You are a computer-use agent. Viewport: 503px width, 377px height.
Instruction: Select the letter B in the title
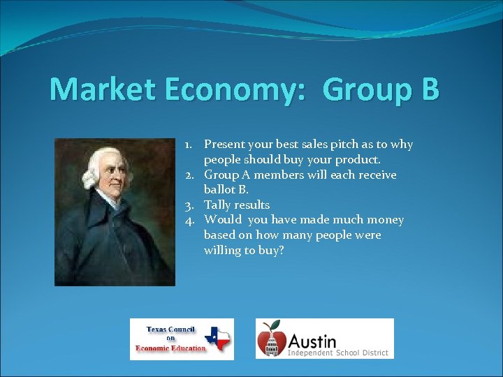click(430, 90)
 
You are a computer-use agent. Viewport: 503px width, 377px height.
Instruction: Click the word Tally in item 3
click(217, 205)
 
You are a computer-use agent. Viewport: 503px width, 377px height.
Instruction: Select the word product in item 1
click(358, 160)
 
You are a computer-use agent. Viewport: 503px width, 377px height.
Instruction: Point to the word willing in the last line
click(221, 251)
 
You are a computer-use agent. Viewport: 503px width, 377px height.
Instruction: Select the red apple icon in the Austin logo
click(271, 340)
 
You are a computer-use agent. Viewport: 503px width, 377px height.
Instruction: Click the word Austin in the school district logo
click(312, 341)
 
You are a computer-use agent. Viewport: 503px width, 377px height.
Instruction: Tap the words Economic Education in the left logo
click(171, 348)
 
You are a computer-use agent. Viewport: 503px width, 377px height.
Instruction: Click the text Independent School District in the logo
click(338, 353)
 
